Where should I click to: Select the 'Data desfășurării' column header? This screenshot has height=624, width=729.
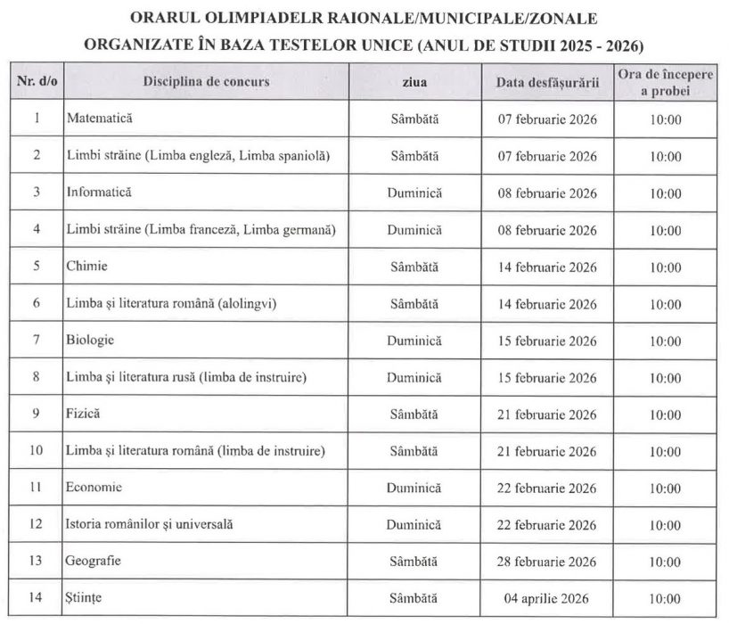coord(546,82)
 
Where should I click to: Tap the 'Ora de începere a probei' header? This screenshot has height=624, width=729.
coord(665,82)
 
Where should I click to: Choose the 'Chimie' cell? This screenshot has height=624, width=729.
coord(84,266)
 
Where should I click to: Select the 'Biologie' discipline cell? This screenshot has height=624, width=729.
coord(89,340)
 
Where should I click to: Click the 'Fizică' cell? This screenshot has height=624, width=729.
coord(83,414)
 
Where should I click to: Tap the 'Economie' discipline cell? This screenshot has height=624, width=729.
coord(94,488)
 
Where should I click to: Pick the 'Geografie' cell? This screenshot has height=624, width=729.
coord(93,562)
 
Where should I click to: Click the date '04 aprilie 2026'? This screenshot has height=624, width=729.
coord(546,598)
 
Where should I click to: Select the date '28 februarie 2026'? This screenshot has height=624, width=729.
coord(546,562)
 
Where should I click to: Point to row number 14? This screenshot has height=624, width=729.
coord(37,598)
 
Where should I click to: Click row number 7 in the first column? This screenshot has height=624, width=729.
coord(37,340)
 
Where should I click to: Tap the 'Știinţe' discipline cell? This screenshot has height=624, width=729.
coord(85,598)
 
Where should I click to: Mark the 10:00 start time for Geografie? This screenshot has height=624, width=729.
coord(665,562)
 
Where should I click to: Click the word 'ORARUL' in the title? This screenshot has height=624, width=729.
coord(164,18)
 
